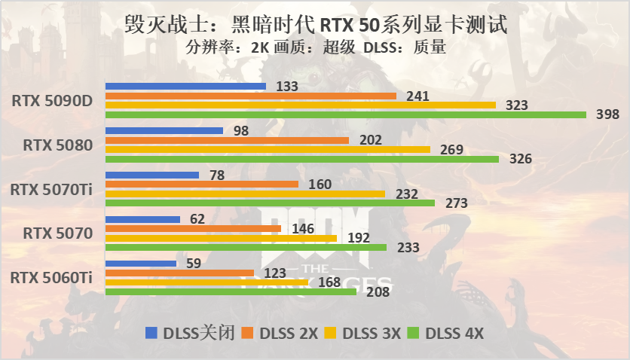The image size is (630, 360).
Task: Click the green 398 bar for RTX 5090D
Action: point(345,114)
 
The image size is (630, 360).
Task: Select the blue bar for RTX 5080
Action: point(164,130)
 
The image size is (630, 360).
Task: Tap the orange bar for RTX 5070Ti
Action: point(202,184)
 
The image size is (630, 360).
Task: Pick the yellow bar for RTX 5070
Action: point(221,238)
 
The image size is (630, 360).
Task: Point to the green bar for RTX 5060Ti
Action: point(231,291)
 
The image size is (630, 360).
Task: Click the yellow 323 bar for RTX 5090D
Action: point(300,105)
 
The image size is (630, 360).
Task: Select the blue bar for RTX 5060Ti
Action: point(140,264)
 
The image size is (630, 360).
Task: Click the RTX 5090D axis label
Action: point(53,100)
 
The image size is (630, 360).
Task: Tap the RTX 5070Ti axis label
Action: point(52,189)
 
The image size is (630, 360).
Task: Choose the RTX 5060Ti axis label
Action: point(52,278)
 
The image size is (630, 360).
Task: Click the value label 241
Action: point(417,96)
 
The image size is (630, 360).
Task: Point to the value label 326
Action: point(520,159)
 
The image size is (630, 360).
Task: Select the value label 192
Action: point(358,238)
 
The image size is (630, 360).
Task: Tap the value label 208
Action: point(377,292)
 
